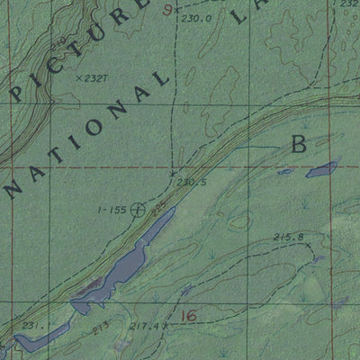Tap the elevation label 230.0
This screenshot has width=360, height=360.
tap(194, 18)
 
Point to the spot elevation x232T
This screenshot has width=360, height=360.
tap(91, 79)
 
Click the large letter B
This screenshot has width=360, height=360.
tap(298, 143)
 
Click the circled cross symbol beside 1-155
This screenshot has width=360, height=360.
tap(137, 210)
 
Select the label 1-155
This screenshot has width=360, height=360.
tap(112, 210)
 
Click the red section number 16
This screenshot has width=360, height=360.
tap(187, 315)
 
